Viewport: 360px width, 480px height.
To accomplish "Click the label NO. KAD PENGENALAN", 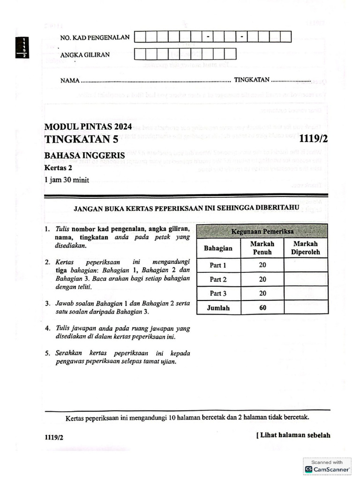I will click(95, 37).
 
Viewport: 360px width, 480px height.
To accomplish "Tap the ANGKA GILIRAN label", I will click(85, 55).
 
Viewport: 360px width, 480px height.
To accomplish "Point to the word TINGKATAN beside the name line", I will click(252, 80).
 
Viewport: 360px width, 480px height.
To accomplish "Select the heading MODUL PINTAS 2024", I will click(88, 127).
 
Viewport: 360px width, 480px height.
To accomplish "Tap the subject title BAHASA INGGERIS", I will click(84, 155).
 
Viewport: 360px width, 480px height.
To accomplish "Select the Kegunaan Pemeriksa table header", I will click(262, 232).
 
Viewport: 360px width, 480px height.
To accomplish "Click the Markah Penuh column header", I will click(262, 248).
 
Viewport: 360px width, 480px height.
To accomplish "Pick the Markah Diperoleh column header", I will click(305, 248).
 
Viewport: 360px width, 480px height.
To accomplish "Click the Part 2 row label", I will click(218, 279).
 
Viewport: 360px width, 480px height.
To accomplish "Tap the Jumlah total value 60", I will click(262, 308).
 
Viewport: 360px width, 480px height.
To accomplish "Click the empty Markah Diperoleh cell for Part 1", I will click(306, 265).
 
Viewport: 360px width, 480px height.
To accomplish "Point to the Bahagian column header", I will click(218, 248).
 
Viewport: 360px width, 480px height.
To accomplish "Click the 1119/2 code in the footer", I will click(54, 437).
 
